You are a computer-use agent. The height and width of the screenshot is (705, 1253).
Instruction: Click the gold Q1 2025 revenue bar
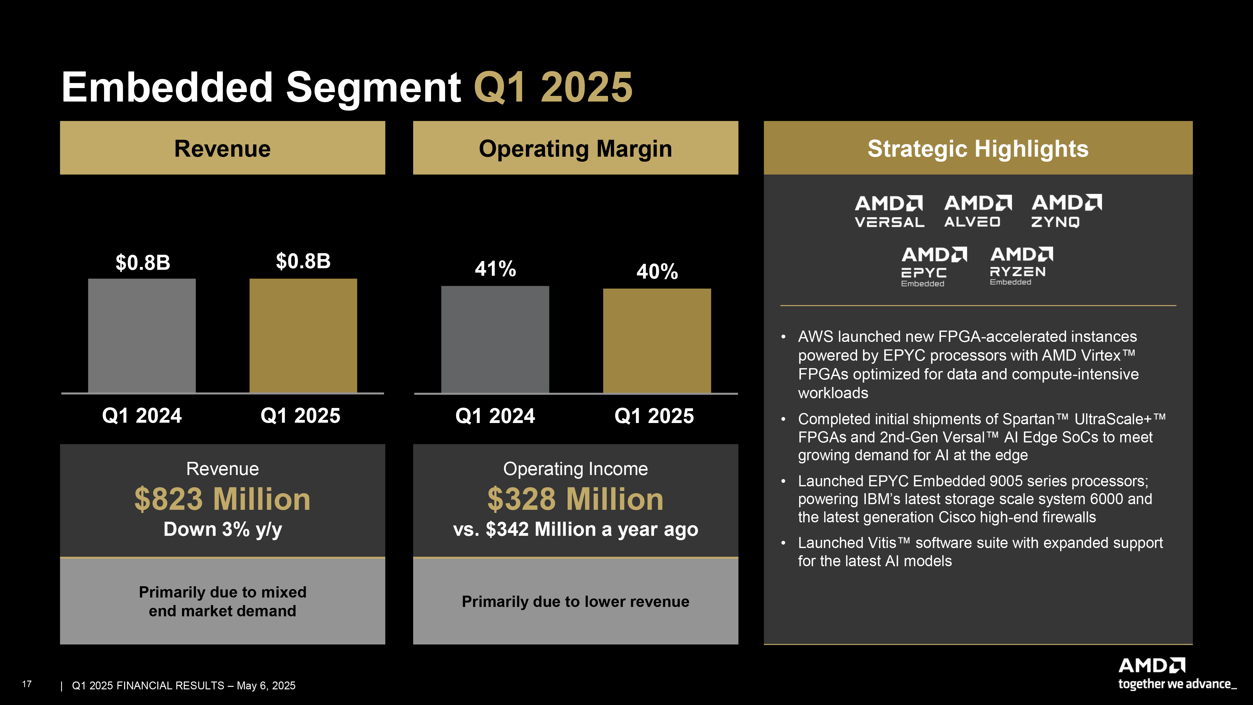(303, 335)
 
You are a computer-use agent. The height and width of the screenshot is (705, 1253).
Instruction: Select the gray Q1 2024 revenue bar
(142, 335)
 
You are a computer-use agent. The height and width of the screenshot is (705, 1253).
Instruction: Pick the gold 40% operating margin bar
(657, 341)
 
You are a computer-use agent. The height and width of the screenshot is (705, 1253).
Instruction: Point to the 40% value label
(657, 271)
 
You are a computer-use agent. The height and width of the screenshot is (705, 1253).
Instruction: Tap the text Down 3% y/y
(222, 529)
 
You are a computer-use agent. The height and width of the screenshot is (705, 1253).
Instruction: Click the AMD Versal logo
(889, 211)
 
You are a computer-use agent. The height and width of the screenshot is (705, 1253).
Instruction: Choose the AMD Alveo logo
(978, 211)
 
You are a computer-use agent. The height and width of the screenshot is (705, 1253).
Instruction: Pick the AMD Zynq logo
(1066, 211)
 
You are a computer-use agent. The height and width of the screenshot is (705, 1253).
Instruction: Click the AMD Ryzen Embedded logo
(1021, 266)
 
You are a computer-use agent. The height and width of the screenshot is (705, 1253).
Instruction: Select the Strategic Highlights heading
(978, 149)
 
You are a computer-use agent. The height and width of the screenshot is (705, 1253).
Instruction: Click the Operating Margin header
(575, 149)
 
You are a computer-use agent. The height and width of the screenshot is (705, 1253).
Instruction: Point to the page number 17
(27, 684)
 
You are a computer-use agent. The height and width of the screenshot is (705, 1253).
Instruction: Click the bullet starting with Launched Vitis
(979, 552)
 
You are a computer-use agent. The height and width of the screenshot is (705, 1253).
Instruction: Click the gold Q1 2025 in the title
(553, 88)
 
